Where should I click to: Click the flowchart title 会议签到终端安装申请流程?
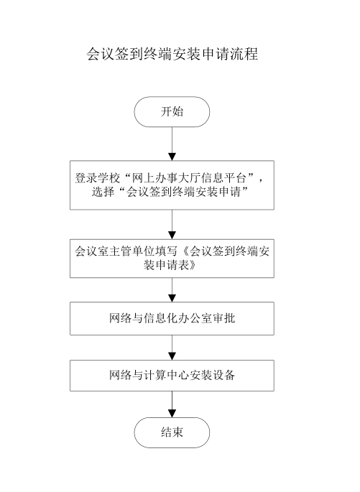pos(172,54)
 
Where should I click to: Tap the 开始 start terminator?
pos(172,112)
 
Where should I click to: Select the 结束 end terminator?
pos(172,432)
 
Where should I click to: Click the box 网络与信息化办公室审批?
pos(172,318)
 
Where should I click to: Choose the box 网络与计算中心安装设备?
pos(172,375)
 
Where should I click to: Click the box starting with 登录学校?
pos(172,185)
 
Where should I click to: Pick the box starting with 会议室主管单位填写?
pos(172,259)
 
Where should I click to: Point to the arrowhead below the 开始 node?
pos(172,157)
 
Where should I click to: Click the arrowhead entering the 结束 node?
pos(172,414)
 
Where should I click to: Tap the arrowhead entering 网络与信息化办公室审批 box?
pos(172,298)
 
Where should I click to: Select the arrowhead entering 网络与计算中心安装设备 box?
pos(172,356)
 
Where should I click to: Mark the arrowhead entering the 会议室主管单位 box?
pos(172,236)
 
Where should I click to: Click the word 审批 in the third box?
pos(223,318)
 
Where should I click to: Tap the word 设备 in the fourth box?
pos(223,375)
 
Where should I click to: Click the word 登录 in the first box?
pos(86,178)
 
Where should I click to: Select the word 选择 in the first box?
pos(103,192)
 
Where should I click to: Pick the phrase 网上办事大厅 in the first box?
pos(166,178)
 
